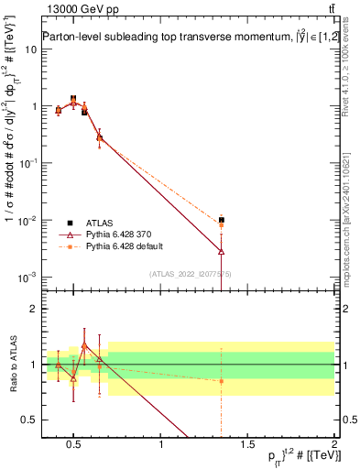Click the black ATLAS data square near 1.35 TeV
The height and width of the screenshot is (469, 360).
tap(221, 220)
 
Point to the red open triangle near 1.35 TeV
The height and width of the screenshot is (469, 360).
tap(221, 251)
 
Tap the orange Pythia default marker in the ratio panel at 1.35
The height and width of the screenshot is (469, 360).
tap(221, 381)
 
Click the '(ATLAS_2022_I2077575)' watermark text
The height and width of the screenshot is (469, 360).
tap(190, 273)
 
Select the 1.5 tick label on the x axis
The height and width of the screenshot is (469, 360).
tap(247, 445)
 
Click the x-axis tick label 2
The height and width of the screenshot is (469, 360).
tap(333, 445)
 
